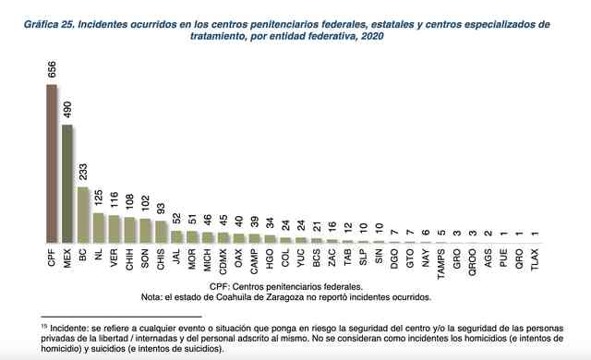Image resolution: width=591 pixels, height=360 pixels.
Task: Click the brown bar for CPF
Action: click(x=52, y=163)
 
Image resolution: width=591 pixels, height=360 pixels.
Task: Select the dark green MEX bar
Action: click(x=67, y=184)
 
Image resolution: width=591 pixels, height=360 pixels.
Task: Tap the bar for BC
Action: click(x=83, y=215)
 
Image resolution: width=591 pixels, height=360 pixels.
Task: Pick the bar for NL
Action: click(x=99, y=228)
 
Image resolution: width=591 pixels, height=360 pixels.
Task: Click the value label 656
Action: click(x=52, y=69)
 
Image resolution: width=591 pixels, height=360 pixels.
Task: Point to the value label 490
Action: click(x=67, y=110)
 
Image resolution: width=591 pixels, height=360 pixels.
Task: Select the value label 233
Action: click(x=83, y=172)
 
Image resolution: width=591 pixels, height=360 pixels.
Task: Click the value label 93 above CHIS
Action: click(x=161, y=209)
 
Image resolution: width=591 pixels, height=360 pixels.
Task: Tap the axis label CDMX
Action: click(x=223, y=261)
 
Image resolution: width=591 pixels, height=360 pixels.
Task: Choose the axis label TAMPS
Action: click(x=441, y=264)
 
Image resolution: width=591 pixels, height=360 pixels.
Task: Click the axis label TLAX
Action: click(x=535, y=259)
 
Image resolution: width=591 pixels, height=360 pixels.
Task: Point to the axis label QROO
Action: click(x=472, y=262)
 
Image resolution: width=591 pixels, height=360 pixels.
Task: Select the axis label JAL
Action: click(x=176, y=256)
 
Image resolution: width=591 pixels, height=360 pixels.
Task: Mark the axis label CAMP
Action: click(x=255, y=261)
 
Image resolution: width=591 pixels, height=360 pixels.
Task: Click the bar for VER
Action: click(x=115, y=229)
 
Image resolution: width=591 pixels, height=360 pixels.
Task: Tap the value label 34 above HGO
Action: click(x=270, y=222)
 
